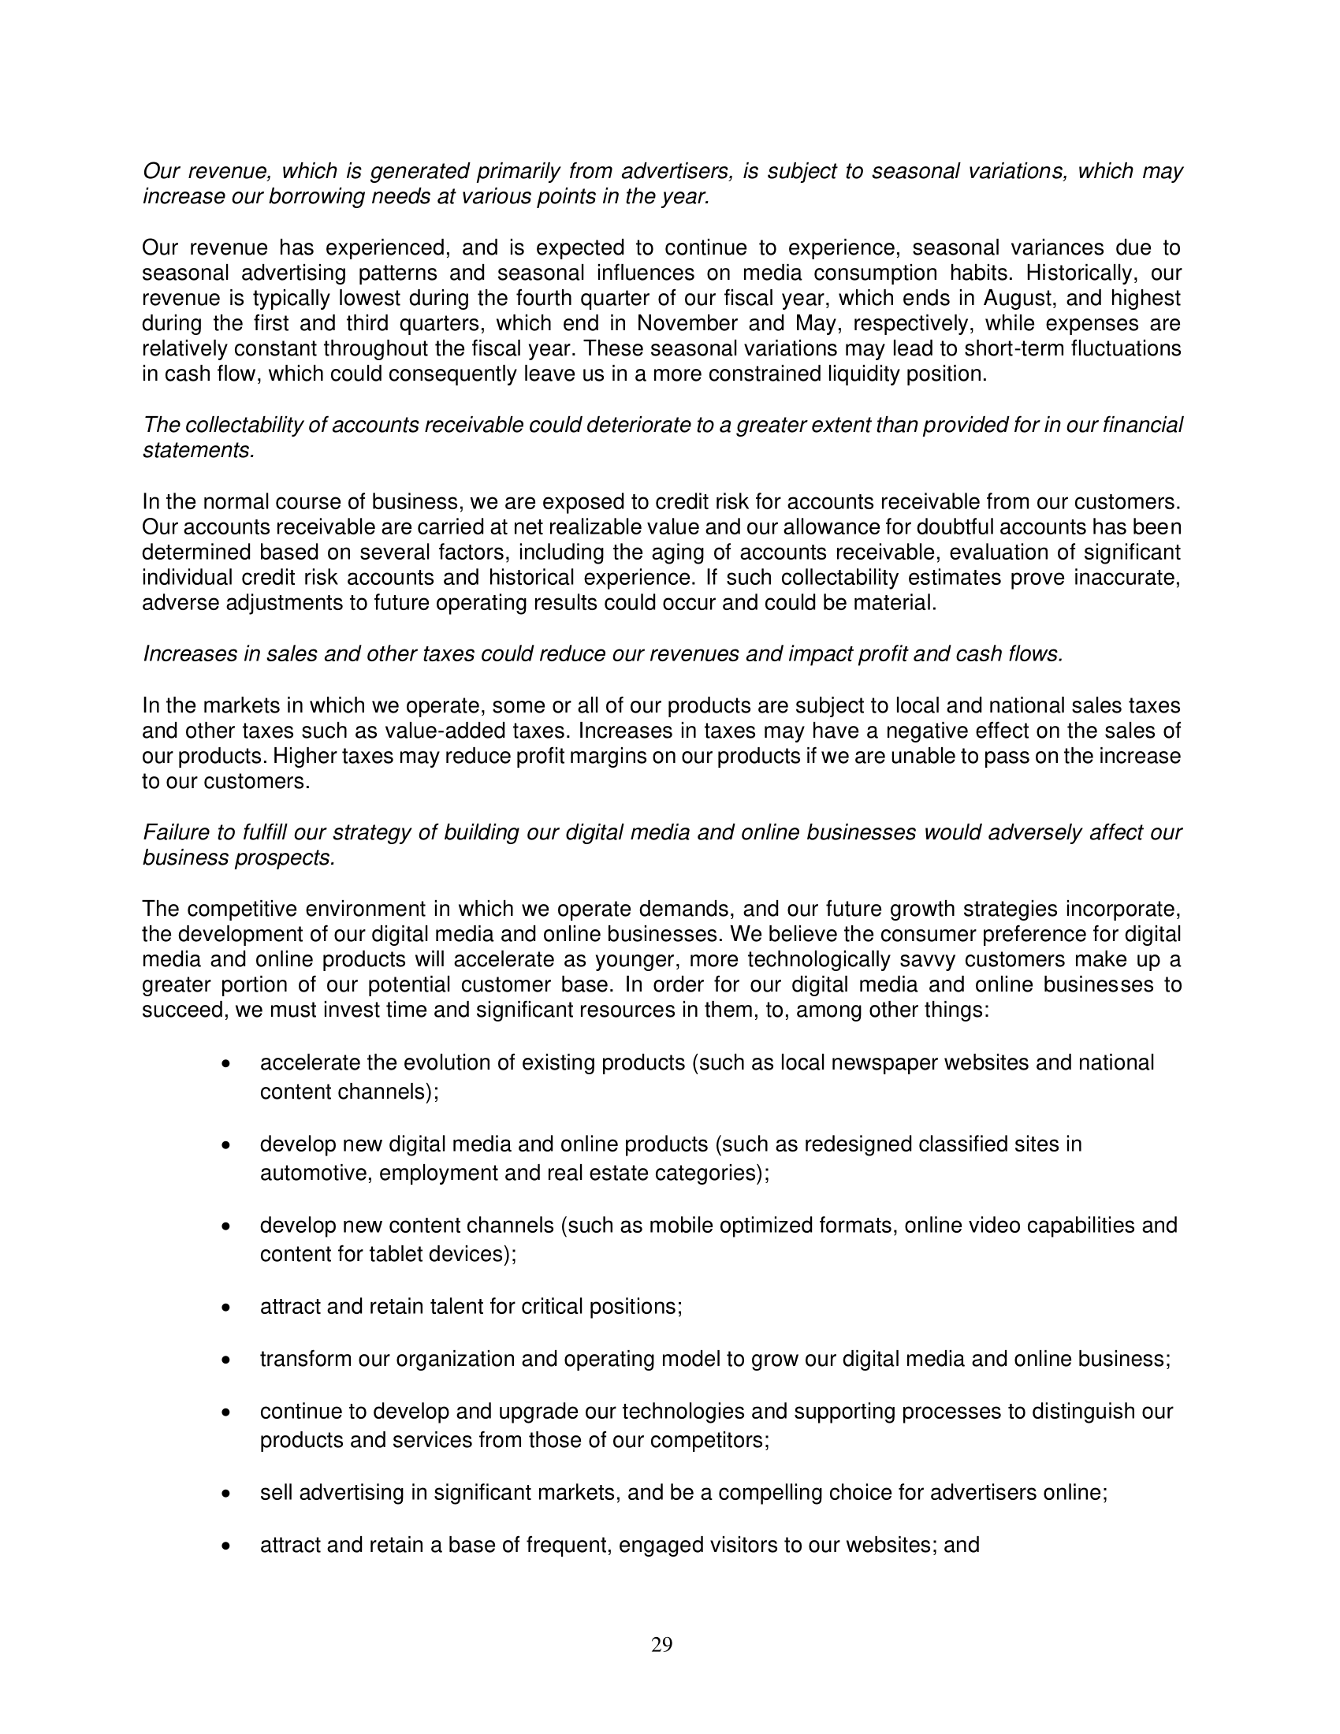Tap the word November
[684, 324]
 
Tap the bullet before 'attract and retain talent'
[227, 1308]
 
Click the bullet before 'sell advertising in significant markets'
[227, 1494]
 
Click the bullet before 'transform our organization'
[227, 1360]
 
